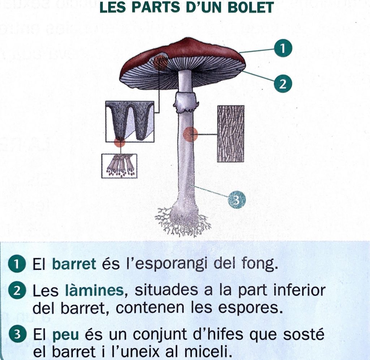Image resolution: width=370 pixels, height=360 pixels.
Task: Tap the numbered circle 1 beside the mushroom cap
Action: (283, 48)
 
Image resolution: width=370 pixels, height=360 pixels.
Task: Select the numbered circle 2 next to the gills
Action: (283, 84)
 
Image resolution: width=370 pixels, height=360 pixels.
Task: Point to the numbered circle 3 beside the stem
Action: (237, 200)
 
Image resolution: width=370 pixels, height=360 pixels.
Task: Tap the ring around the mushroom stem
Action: (186, 102)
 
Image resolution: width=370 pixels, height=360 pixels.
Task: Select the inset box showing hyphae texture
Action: (231, 134)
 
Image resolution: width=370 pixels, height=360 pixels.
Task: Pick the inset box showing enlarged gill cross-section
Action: (130, 122)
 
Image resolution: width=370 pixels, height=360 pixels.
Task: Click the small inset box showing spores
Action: (119, 166)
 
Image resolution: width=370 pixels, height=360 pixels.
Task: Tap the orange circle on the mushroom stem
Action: (190, 134)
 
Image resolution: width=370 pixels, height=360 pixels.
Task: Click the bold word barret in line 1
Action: (74, 264)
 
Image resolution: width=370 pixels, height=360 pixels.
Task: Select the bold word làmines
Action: (94, 290)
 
